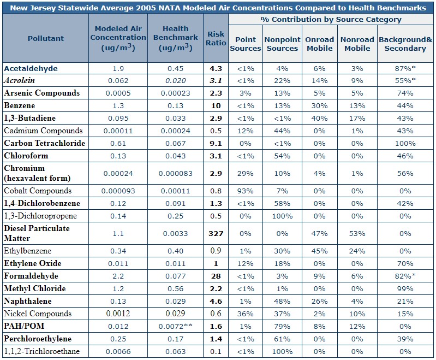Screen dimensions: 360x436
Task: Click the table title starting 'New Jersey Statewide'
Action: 218,7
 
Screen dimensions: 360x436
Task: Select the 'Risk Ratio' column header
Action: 216,38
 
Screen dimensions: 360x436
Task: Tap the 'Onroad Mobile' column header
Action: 319,44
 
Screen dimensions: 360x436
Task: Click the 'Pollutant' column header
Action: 46,38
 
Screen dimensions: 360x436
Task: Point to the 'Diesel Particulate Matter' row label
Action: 37,233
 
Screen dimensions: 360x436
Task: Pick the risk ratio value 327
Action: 216,233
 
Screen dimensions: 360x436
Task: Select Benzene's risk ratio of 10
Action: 216,105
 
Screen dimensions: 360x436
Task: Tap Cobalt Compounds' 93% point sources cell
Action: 245,191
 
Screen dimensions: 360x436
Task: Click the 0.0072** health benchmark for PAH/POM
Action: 175,326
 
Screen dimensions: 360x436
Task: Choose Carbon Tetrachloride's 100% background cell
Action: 405,143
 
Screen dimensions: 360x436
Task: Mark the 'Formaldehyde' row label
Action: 31,276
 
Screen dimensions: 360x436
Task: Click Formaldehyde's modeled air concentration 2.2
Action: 118,276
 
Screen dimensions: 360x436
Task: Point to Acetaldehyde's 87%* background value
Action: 405,69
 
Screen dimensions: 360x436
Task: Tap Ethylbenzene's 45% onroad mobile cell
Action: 319,251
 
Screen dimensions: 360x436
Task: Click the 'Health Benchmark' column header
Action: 175,38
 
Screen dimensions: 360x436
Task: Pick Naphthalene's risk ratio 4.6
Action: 216,302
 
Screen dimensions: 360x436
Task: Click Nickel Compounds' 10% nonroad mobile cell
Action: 357,314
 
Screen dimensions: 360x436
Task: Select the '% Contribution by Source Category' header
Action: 331,20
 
